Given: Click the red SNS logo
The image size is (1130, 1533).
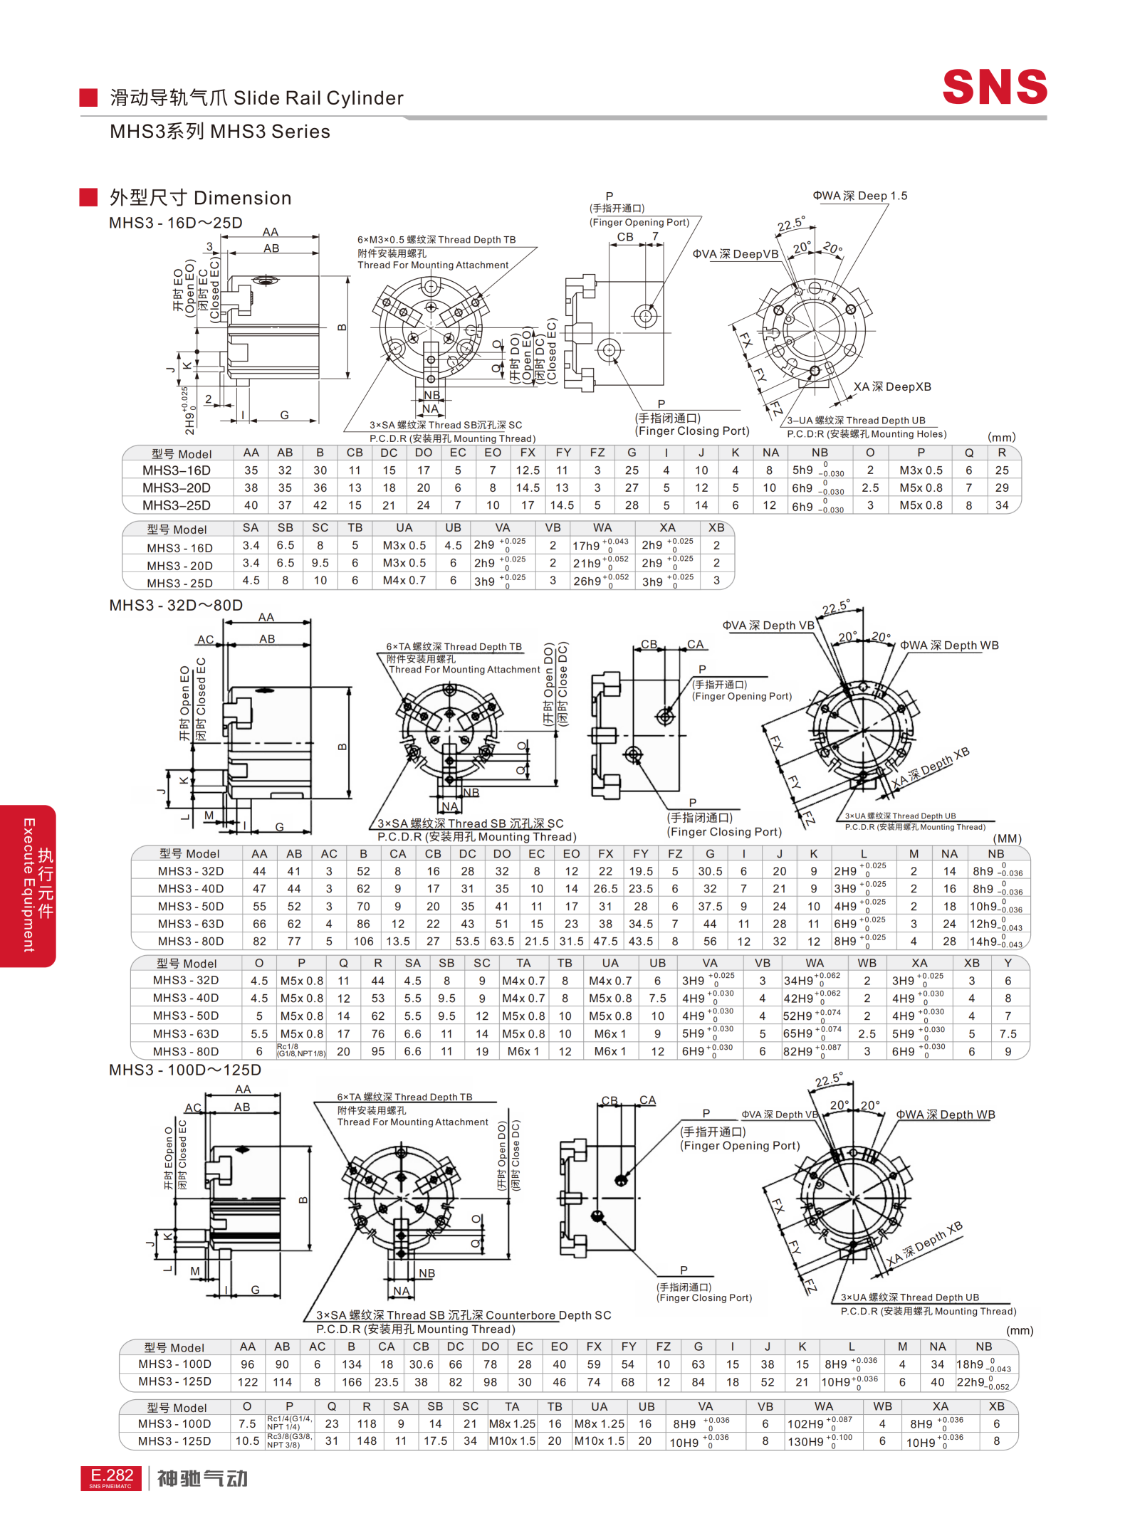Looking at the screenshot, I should click(x=994, y=87).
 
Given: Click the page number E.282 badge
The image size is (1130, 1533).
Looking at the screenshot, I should click(x=111, y=1477).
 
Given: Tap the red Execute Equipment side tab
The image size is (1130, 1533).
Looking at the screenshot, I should click(x=28, y=885).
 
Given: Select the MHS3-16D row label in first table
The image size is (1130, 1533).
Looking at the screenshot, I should click(x=177, y=470).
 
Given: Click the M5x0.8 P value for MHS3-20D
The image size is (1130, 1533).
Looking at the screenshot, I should click(x=920, y=488).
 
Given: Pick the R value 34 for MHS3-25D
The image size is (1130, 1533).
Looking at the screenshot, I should click(x=1001, y=505).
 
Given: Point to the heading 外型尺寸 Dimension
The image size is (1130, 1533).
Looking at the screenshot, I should click(x=200, y=198).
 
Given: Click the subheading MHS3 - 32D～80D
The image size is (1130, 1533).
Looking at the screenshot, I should click(x=176, y=605).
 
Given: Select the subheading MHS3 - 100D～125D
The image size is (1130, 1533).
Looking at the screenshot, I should click(x=185, y=1070).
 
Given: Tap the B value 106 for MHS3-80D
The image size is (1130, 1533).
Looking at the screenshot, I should click(x=363, y=941).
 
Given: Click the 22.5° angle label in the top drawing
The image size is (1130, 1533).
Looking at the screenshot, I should click(x=790, y=224).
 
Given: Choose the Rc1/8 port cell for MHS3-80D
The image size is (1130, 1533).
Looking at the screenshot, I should click(x=300, y=1050).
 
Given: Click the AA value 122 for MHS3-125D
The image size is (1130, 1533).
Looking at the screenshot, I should click(x=247, y=1381).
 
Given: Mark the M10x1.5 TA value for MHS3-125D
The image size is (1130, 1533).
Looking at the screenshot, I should click(x=512, y=1440).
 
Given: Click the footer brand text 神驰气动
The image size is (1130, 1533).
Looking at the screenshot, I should click(x=202, y=1478).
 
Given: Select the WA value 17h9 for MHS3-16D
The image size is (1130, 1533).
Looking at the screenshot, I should click(x=587, y=546).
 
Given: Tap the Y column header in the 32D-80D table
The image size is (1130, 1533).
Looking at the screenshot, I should click(x=1008, y=963).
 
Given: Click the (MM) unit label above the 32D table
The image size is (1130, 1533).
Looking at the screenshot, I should click(x=1007, y=838).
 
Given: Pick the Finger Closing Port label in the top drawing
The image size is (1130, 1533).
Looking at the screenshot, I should click(x=691, y=431).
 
